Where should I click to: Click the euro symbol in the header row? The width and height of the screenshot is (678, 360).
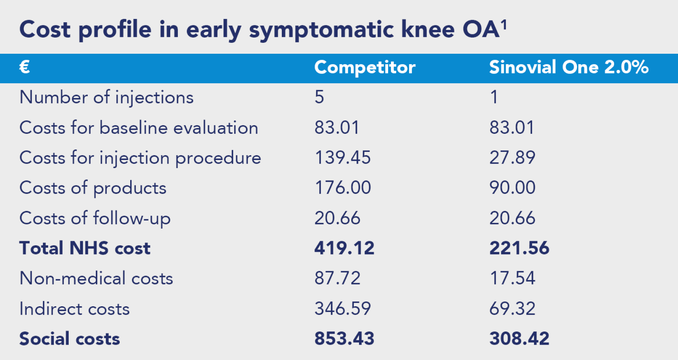pyautogui.click(x=25, y=67)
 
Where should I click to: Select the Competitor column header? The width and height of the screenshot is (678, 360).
pyautogui.click(x=365, y=67)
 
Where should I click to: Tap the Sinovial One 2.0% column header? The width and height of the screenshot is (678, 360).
pyautogui.click(x=569, y=67)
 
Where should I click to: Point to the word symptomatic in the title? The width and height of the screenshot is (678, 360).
pyautogui.click(x=321, y=30)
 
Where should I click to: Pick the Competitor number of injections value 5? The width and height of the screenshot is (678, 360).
pyautogui.click(x=319, y=97)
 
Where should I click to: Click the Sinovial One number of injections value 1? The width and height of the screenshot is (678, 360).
pyautogui.click(x=494, y=97)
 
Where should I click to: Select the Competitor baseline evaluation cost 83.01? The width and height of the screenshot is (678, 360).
pyautogui.click(x=337, y=127)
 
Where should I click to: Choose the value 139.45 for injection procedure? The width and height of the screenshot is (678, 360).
pyautogui.click(x=342, y=158)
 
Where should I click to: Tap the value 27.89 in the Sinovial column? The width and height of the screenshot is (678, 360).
pyautogui.click(x=512, y=158)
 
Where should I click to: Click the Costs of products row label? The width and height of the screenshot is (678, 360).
pyautogui.click(x=93, y=188)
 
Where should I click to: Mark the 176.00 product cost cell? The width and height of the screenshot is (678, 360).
pyautogui.click(x=343, y=187)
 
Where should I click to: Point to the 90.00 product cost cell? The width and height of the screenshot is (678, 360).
pyautogui.click(x=512, y=187)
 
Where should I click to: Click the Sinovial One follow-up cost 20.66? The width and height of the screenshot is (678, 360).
pyautogui.click(x=512, y=218)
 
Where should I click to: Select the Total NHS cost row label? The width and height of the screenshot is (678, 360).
pyautogui.click(x=85, y=248)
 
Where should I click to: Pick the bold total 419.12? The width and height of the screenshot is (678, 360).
pyautogui.click(x=344, y=248)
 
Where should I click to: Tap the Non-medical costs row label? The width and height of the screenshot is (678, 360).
pyautogui.click(x=96, y=278)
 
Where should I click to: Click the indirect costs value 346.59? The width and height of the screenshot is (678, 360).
pyautogui.click(x=342, y=308)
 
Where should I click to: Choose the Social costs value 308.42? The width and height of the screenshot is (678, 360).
pyautogui.click(x=520, y=338)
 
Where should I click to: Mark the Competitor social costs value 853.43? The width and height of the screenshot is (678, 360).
pyautogui.click(x=344, y=338)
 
